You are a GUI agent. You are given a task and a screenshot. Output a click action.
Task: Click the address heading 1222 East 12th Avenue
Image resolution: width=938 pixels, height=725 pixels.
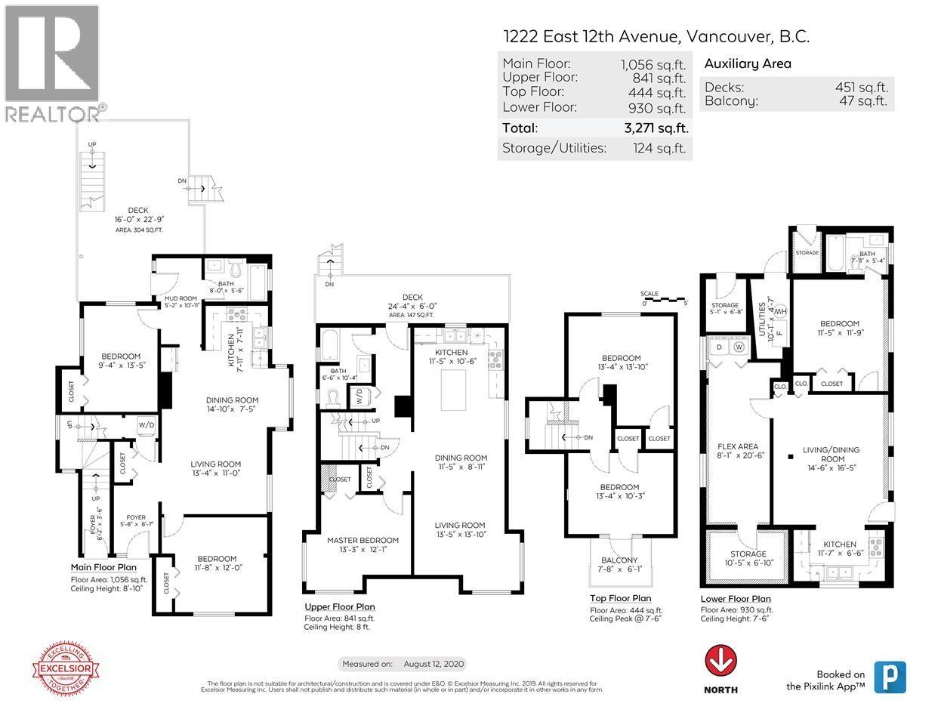tap(656, 35)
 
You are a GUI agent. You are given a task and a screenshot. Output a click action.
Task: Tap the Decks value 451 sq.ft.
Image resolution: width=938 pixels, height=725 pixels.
tap(861, 87)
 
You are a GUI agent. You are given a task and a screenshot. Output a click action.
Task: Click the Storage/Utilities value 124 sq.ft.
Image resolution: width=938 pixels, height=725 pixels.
tap(659, 148)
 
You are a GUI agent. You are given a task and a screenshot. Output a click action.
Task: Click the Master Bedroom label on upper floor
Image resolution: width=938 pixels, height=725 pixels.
tap(363, 540)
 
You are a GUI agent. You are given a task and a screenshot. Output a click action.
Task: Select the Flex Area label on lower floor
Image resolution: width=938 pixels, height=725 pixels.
tap(737, 446)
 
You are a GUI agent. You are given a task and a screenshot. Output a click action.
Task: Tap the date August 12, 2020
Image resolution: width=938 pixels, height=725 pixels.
tap(434, 664)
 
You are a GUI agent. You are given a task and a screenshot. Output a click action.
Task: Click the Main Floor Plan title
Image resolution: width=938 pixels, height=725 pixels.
tap(103, 567)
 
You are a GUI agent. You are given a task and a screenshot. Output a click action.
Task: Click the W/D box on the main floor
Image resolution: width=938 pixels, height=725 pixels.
tap(146, 425)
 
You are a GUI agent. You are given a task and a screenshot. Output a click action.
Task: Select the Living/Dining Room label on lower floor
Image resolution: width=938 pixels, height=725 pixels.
tap(830, 454)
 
